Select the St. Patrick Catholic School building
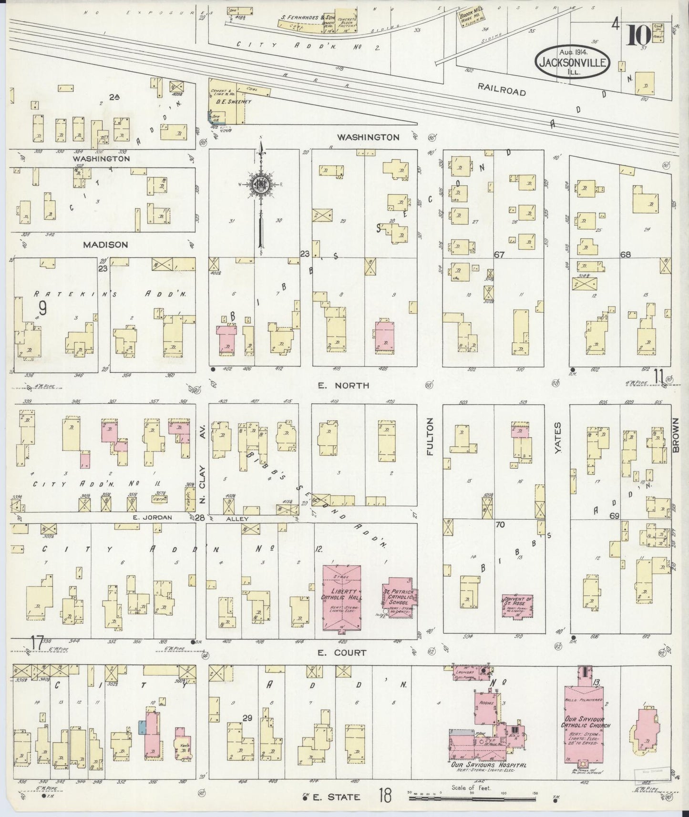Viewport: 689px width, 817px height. click(400, 597)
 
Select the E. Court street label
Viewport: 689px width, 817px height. click(343, 653)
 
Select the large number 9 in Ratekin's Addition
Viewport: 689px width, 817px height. click(43, 309)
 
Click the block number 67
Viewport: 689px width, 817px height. click(499, 255)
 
